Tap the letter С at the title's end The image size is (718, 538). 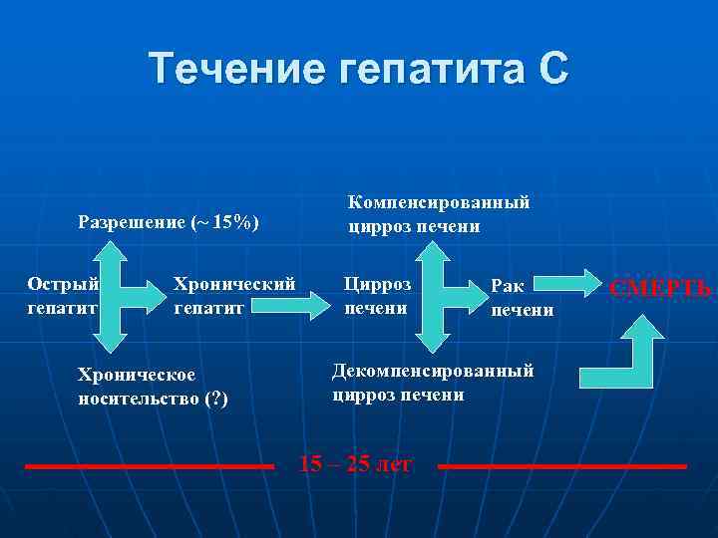pyautogui.click(x=551, y=69)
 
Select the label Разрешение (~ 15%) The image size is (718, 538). pyautogui.click(x=169, y=222)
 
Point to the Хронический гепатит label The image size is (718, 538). pyautogui.click(x=234, y=296)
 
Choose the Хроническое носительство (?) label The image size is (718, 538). pyautogui.click(x=153, y=388)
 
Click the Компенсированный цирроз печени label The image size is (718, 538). pyautogui.click(x=438, y=214)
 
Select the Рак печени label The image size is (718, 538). pyautogui.click(x=520, y=297)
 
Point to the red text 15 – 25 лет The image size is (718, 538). pyautogui.click(x=355, y=463)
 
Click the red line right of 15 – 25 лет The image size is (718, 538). pyautogui.click(x=562, y=465)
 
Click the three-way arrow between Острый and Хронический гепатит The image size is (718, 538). pyautogui.click(x=124, y=296)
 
